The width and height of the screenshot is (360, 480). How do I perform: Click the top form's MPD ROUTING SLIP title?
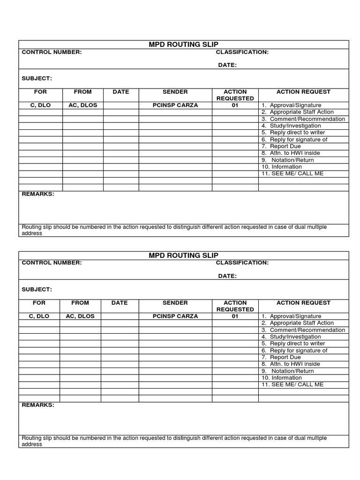click(x=184, y=45)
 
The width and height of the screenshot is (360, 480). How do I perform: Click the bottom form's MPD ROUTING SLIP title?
click(x=184, y=255)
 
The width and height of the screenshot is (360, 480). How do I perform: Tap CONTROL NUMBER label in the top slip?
click(x=52, y=52)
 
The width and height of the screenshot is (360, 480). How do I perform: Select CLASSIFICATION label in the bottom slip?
click(x=242, y=263)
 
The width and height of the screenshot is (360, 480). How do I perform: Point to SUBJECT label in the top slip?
click(x=37, y=78)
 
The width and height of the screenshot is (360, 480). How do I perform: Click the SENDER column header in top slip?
click(x=175, y=92)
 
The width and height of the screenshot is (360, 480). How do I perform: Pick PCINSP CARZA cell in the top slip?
click(x=175, y=105)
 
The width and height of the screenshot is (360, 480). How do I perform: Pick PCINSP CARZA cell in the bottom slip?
click(x=175, y=316)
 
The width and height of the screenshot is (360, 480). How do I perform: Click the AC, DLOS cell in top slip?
click(x=83, y=105)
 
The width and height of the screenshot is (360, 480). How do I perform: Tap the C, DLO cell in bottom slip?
click(x=39, y=316)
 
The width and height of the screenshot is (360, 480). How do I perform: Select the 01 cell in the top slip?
click(x=235, y=105)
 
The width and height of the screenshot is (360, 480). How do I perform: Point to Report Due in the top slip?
click(x=285, y=146)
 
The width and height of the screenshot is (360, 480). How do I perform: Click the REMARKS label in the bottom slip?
click(x=38, y=405)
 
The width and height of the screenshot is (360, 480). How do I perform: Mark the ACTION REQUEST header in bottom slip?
click(x=303, y=303)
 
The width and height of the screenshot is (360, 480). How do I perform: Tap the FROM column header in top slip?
click(x=83, y=92)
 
